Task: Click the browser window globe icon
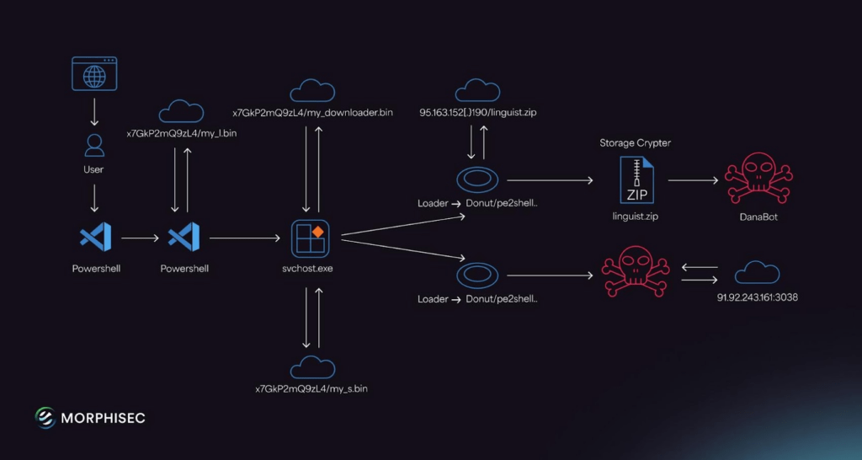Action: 94,73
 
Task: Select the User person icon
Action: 94,145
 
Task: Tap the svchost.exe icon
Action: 310,238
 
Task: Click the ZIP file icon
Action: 636,180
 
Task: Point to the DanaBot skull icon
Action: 758,179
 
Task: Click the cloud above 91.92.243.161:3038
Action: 757,274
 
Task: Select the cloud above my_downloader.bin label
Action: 312,91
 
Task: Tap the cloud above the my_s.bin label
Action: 312,367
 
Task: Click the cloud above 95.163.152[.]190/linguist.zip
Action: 477,91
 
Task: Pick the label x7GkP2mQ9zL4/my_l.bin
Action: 182,133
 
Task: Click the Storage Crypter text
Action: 635,143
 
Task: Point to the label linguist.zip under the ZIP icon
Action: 635,217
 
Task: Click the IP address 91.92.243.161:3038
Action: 757,297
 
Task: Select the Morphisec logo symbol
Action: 45,418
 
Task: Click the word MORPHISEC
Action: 103,418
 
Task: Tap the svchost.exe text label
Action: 310,269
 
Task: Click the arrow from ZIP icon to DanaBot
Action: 693,180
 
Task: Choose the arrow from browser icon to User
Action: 94,112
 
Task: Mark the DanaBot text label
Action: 758,217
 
